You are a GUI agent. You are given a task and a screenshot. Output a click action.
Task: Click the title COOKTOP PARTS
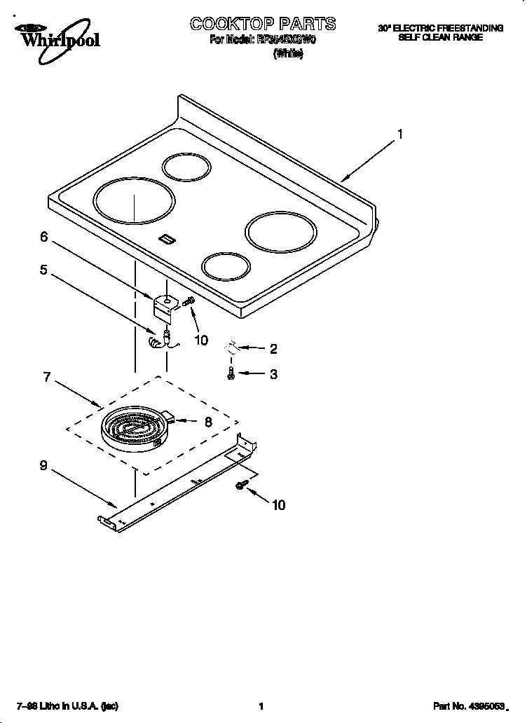(263, 24)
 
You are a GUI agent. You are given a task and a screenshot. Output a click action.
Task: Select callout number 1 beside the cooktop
(399, 134)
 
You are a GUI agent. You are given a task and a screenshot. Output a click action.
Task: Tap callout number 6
(43, 237)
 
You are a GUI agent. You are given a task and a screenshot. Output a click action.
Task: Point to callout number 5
(43, 270)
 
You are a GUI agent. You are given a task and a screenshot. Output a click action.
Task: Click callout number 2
(273, 348)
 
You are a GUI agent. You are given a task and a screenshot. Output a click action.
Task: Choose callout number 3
(273, 374)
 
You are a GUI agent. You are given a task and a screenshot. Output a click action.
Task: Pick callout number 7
(47, 378)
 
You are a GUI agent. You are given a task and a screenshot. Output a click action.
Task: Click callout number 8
(207, 422)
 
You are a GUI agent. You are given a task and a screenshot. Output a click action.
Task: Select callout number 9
(43, 465)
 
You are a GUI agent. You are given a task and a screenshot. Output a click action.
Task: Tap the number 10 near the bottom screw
(278, 505)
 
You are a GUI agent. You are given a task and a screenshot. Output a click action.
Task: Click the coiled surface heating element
(135, 429)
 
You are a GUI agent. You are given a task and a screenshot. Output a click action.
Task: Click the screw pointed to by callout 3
(231, 375)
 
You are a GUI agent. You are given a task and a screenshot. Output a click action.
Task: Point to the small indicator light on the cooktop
(166, 240)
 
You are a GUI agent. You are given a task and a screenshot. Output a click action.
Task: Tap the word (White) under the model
(287, 54)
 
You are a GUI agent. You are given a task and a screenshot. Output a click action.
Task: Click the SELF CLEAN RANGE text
(440, 37)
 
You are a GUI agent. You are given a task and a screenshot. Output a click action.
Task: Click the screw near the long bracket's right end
(242, 485)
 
